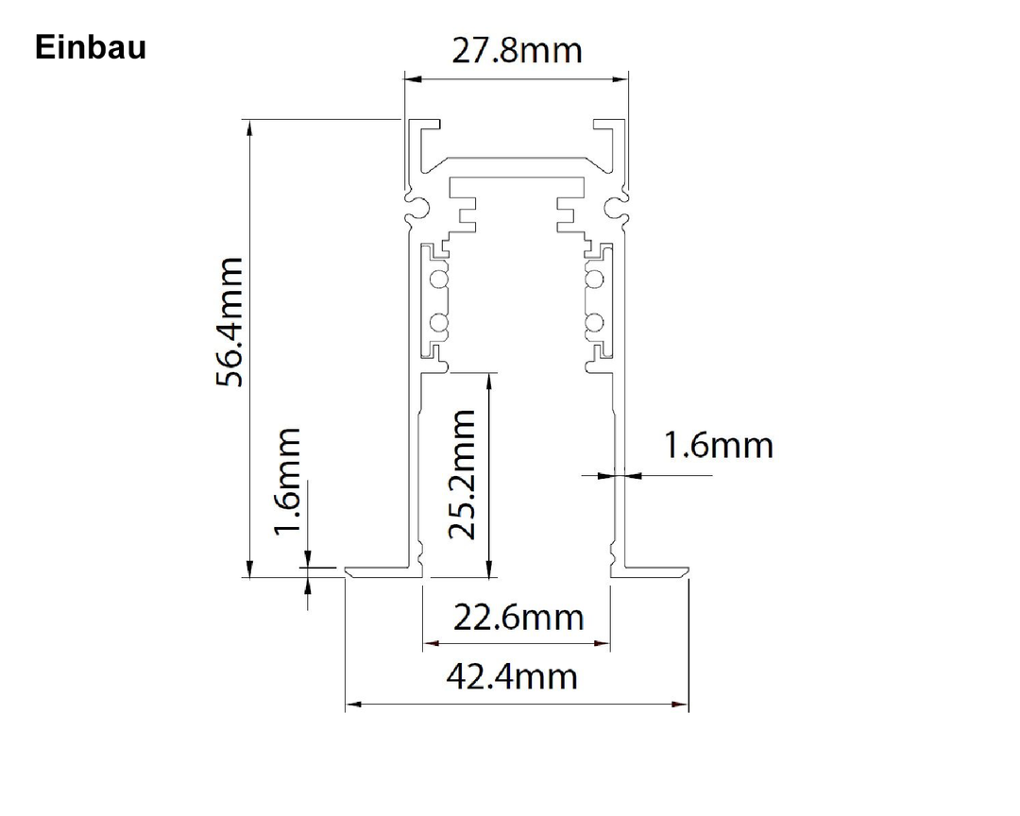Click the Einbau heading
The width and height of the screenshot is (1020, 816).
[91, 47]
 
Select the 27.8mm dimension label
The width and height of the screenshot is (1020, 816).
[518, 51]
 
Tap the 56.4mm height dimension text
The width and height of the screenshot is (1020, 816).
[229, 322]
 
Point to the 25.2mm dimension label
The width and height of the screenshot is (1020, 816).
[463, 474]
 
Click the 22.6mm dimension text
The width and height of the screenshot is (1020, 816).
[518, 618]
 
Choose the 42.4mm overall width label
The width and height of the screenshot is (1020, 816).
[512, 677]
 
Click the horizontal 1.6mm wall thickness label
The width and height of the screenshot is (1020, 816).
[718, 446]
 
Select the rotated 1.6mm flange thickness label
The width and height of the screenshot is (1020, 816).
[287, 482]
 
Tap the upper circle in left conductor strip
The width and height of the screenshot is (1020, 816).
[438, 280]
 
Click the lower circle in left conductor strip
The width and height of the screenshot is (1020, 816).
[438, 323]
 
